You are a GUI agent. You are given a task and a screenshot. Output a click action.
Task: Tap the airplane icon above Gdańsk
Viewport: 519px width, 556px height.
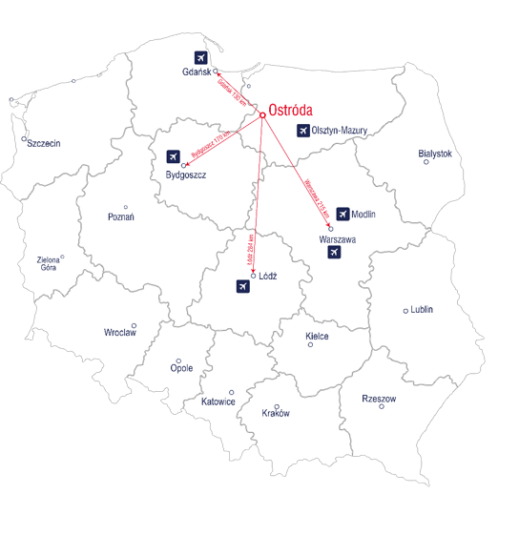point(200,57)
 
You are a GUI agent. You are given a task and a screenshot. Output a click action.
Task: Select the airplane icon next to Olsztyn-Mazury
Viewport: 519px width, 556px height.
point(303,131)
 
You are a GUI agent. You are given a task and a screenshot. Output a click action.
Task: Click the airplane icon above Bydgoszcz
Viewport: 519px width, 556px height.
point(173,156)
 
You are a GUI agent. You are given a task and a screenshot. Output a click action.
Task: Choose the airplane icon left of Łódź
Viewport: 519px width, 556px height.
point(241,286)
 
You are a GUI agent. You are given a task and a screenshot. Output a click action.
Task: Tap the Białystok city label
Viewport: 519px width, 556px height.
point(435,154)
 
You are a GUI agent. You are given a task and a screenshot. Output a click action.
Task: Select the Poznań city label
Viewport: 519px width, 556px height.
point(120,217)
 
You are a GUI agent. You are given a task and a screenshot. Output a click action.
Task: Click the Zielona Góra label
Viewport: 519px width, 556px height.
point(47,263)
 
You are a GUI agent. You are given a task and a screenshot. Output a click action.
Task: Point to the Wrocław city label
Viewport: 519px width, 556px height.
point(120,333)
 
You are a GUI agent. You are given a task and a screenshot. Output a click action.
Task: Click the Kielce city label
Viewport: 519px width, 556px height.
point(317,337)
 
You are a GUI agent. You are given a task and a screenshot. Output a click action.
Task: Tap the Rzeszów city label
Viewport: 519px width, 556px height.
point(379,398)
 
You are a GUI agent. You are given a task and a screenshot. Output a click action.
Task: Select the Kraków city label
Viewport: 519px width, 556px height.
point(276,414)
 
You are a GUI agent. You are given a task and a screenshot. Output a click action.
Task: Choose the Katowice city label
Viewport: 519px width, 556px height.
point(218,402)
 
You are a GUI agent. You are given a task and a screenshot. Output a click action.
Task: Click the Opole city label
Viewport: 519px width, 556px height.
point(181,368)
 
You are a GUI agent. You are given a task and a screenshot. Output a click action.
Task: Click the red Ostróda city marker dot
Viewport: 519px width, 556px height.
point(262,116)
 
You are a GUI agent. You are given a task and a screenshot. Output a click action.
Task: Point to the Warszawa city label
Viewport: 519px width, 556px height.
point(338,239)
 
